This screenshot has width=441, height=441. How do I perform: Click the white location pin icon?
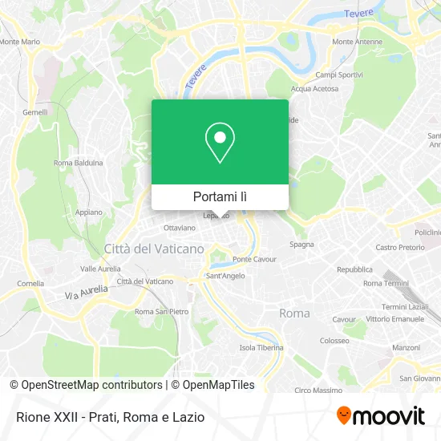[x=220, y=143]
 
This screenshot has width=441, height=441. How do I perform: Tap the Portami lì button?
[x=220, y=196]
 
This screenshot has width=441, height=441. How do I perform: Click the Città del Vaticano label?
[x=154, y=249]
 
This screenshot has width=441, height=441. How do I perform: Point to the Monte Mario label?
[x=20, y=42]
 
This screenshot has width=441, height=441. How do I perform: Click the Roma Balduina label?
[x=78, y=163]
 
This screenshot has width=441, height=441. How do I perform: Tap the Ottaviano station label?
[x=179, y=228]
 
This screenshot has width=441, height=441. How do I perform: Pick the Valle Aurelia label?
[x=100, y=269]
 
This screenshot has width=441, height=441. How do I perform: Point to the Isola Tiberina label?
[x=261, y=347]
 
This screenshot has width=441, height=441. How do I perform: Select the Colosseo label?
[x=334, y=340]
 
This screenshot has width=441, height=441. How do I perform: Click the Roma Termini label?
[x=386, y=283]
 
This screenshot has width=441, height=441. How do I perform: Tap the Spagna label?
[x=301, y=244]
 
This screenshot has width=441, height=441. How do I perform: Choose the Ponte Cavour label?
[x=253, y=259]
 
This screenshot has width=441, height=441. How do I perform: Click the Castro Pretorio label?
[x=399, y=248]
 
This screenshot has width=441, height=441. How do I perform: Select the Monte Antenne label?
[x=354, y=42]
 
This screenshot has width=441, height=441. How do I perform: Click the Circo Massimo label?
[x=319, y=390]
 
